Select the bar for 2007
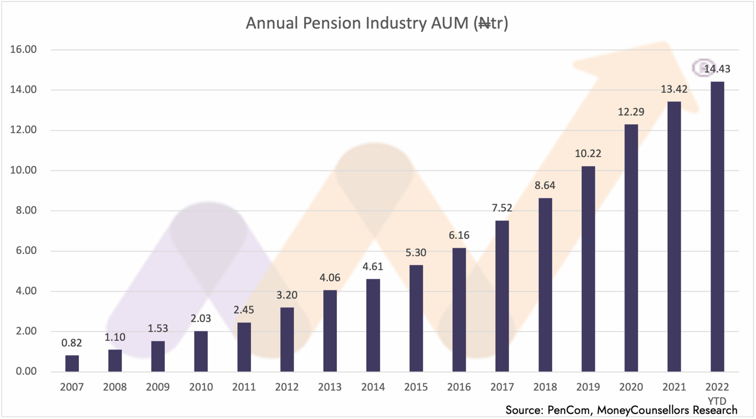[72, 363]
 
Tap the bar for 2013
[330, 330]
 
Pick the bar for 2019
[588, 268]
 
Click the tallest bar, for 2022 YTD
[717, 226]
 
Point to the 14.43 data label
[717, 69]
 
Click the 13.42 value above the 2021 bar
[674, 89]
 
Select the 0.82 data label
[72, 343]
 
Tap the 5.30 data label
[416, 253]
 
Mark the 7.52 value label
[502, 208]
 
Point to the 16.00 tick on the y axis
[23, 50]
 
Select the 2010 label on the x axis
[201, 387]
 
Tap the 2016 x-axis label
[459, 387]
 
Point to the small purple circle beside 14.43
[703, 67]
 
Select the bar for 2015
[416, 318]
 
